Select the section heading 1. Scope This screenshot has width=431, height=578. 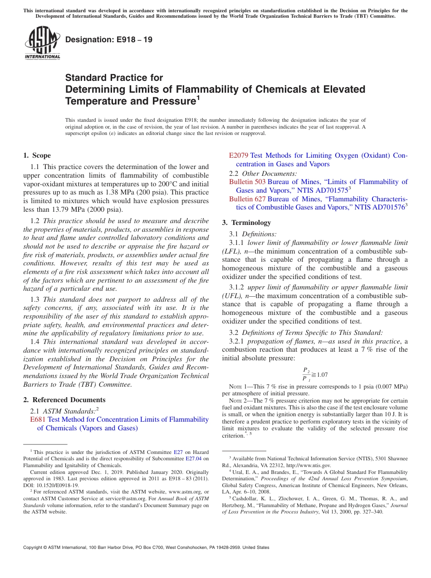pyautogui.click(x=37, y=155)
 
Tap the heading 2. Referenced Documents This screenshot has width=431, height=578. pyautogui.click(x=64, y=400)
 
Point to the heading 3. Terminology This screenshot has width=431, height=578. pyautogui.click(x=246, y=223)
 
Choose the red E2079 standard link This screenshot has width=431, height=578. pyautogui.click(x=239, y=155)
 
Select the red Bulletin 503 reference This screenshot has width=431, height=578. pyautogui.click(x=247, y=182)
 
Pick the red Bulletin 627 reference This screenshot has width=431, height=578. pyautogui.click(x=247, y=199)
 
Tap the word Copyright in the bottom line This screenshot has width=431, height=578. pyautogui.click(x=34, y=548)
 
